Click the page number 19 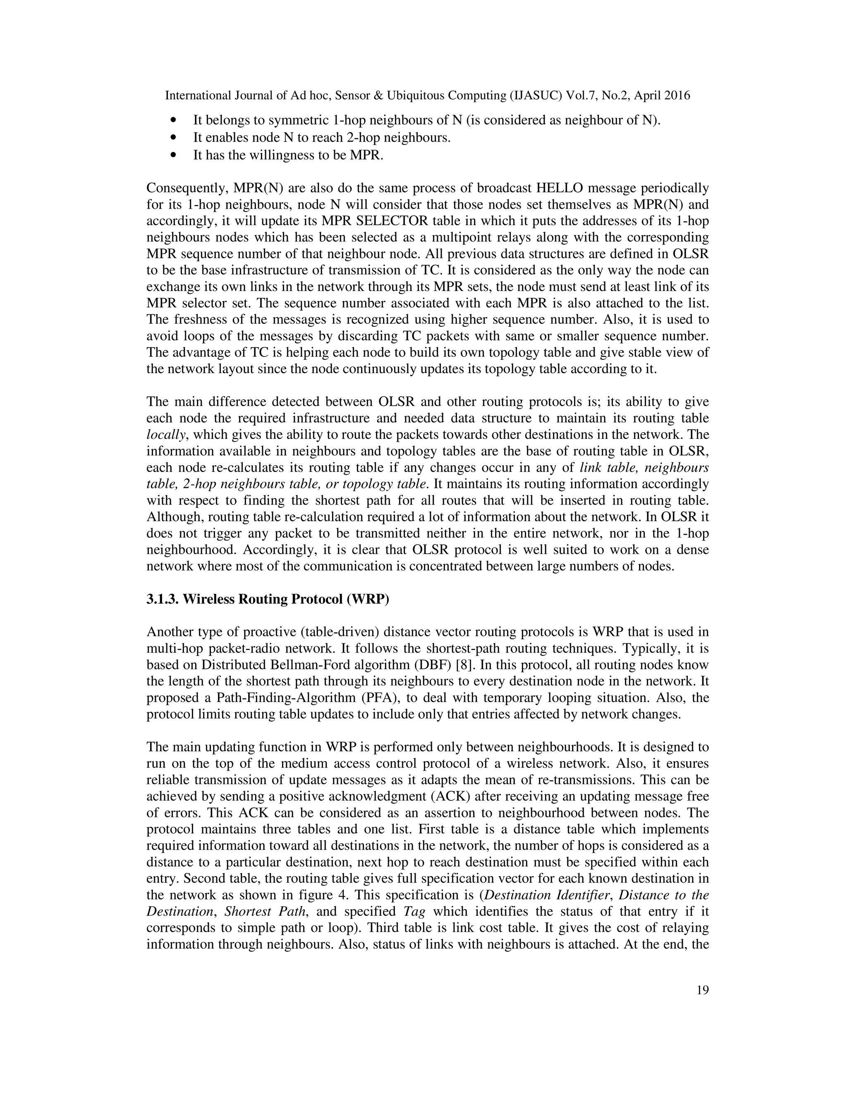703,990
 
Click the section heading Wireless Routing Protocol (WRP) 268,600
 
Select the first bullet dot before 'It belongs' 174,121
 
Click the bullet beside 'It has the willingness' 174,156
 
